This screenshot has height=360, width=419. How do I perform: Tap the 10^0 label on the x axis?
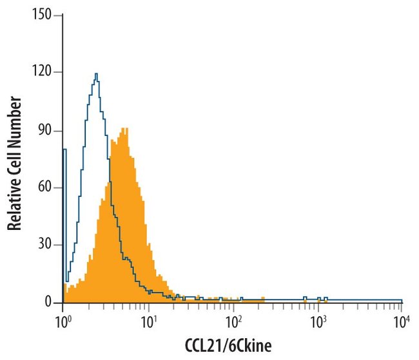pos(63,318)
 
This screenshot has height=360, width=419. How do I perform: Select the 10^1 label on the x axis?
pos(148,318)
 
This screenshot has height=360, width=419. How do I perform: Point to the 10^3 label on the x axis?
pos(318,318)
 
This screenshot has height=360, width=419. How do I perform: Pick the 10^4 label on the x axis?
pos(402,318)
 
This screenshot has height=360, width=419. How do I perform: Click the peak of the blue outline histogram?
pos(96,73)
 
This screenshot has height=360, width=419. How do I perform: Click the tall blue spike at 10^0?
pos(65,150)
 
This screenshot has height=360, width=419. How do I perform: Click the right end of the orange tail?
pos(264,299)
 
